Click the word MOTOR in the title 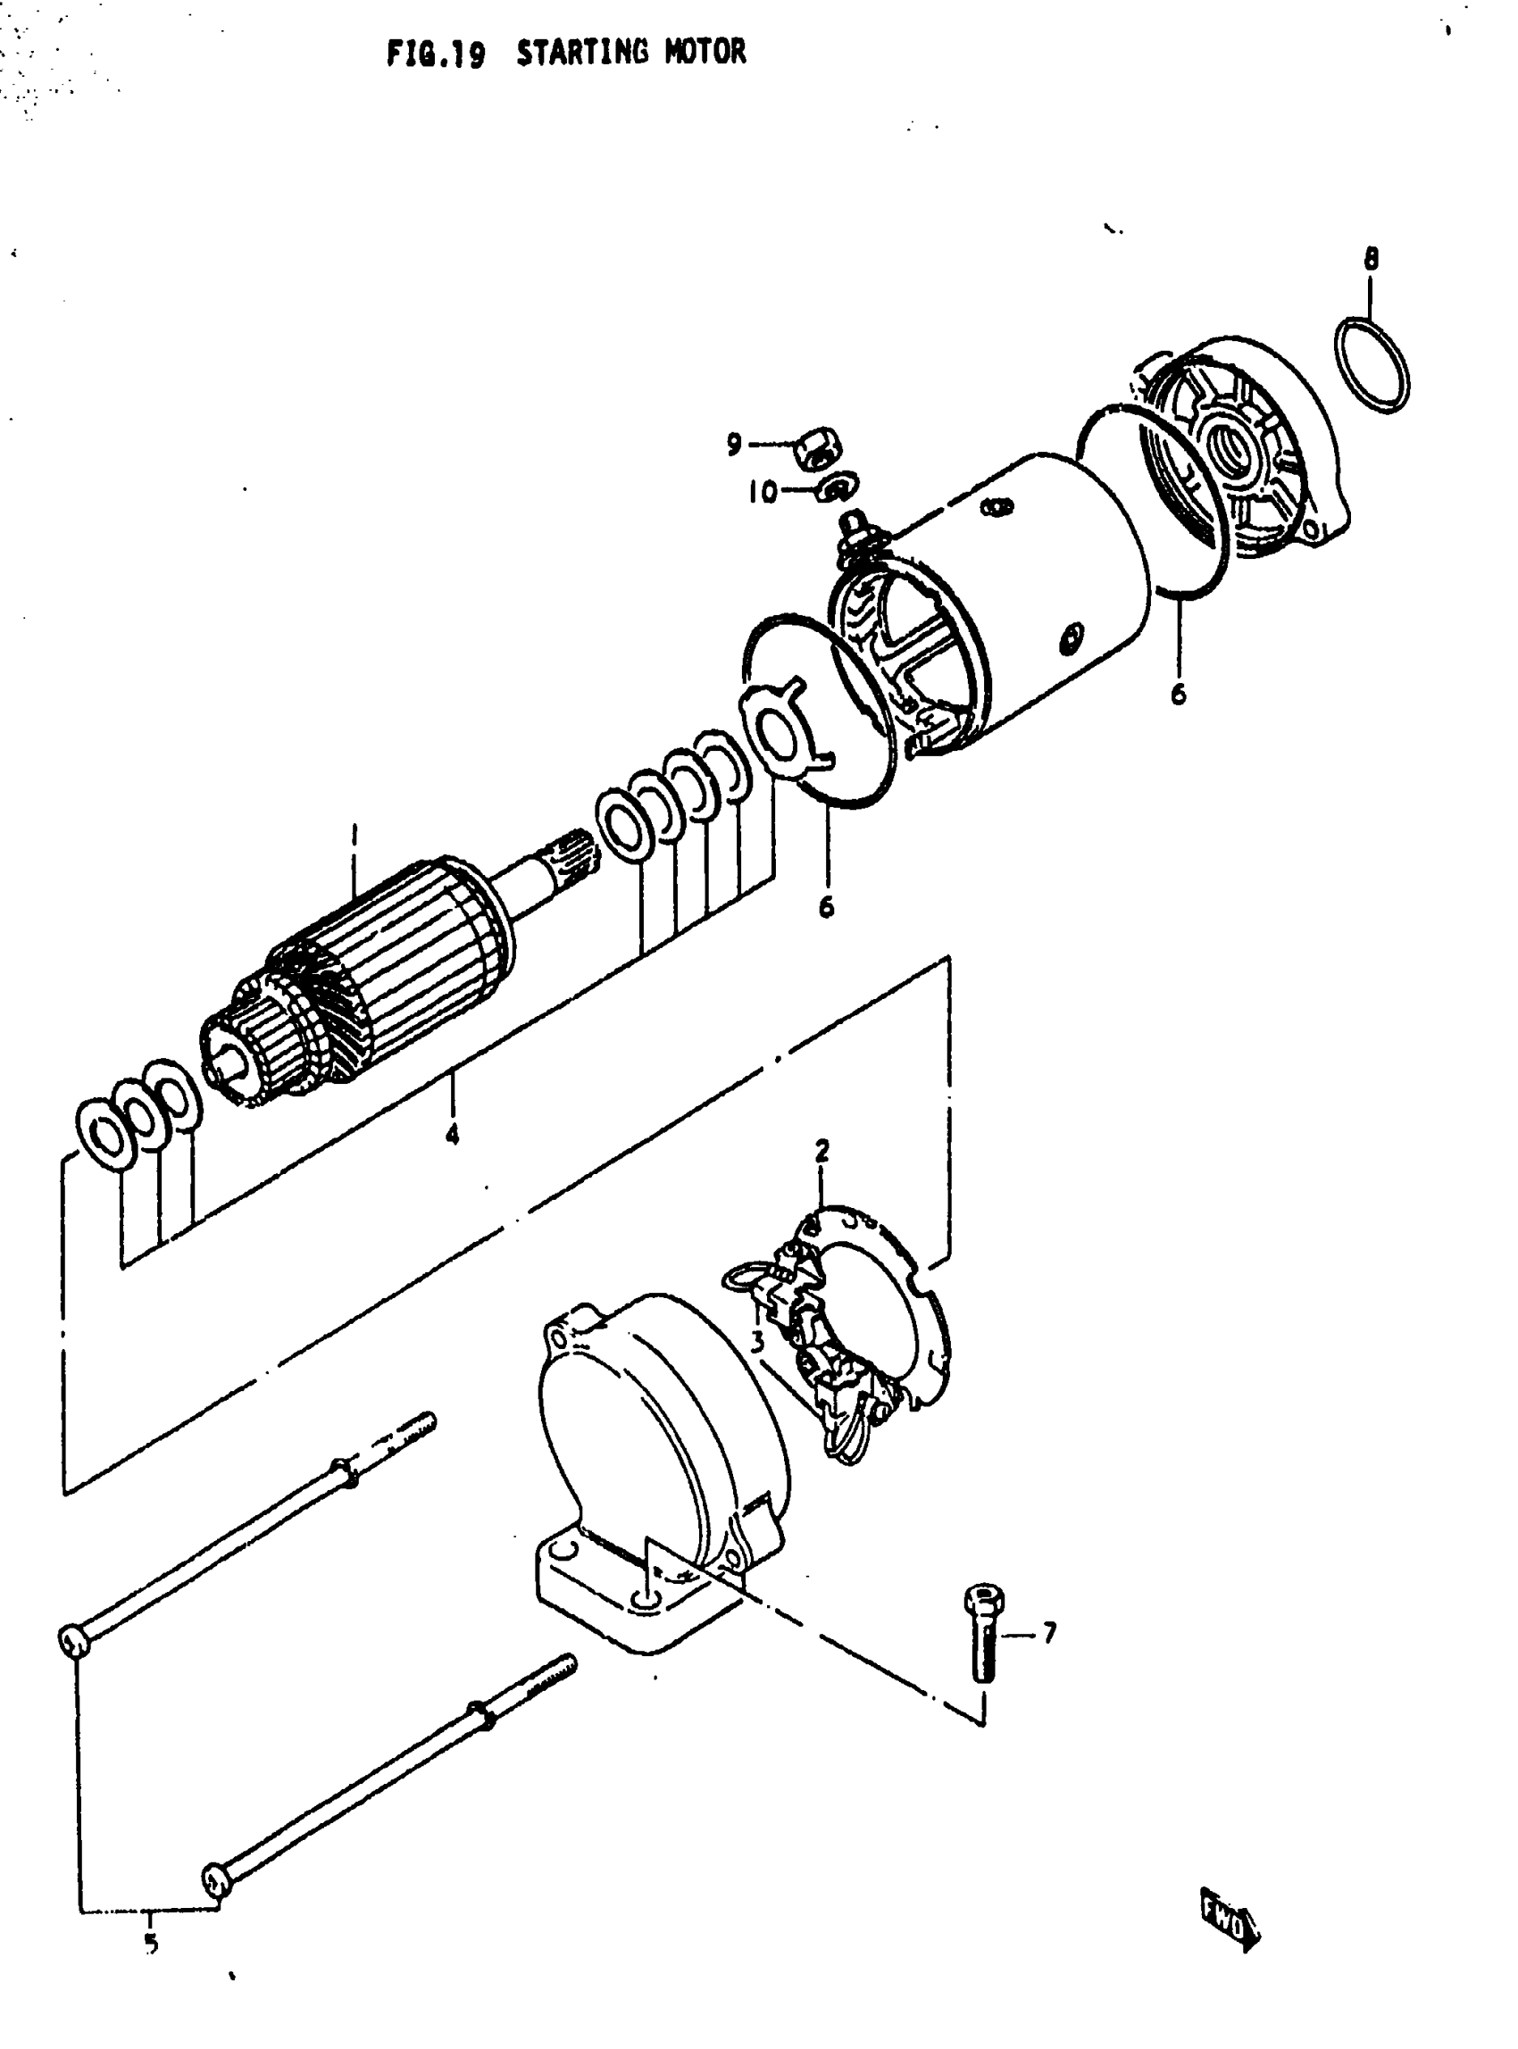pos(705,53)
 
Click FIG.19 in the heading pos(436,54)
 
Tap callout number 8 pos(1370,259)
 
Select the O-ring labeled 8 pos(1372,365)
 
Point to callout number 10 pos(762,493)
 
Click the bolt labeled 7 pos(984,1634)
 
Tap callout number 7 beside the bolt pos(1048,1633)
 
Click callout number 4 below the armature pos(451,1136)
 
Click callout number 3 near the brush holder pos(756,1343)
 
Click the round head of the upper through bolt pos(73,1639)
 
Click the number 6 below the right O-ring pos(1178,693)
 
